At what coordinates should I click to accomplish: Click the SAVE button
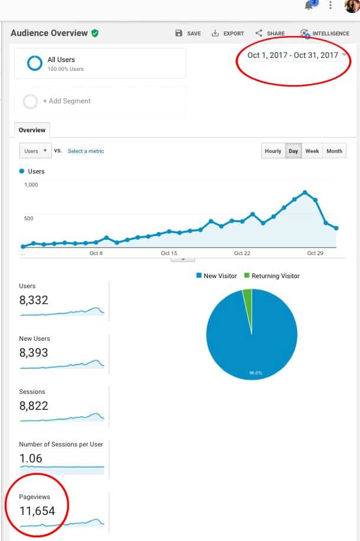pos(188,34)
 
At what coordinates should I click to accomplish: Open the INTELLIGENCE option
pos(325,34)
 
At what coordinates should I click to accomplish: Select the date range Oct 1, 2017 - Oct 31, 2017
pos(293,56)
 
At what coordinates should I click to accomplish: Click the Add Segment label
pos(67,101)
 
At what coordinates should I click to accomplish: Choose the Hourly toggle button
pos(273,151)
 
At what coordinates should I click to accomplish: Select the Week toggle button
pos(312,151)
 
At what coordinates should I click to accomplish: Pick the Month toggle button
pos(334,151)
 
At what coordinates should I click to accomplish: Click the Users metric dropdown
pos(35,151)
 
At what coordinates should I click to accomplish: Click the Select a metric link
pos(86,151)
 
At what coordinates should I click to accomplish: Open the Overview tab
pos(32,130)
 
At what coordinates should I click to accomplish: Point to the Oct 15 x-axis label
pos(169,253)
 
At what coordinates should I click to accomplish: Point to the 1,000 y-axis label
pos(31,185)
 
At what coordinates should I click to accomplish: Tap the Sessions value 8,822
pos(34,406)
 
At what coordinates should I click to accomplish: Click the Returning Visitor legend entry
pos(275,276)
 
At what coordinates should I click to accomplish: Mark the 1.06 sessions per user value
pos(31,458)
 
